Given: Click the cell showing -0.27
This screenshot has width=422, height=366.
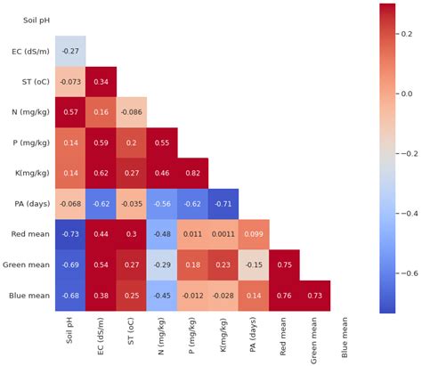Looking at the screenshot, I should pos(70,51).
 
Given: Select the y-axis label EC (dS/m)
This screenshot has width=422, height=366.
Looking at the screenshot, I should pos(29,51).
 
